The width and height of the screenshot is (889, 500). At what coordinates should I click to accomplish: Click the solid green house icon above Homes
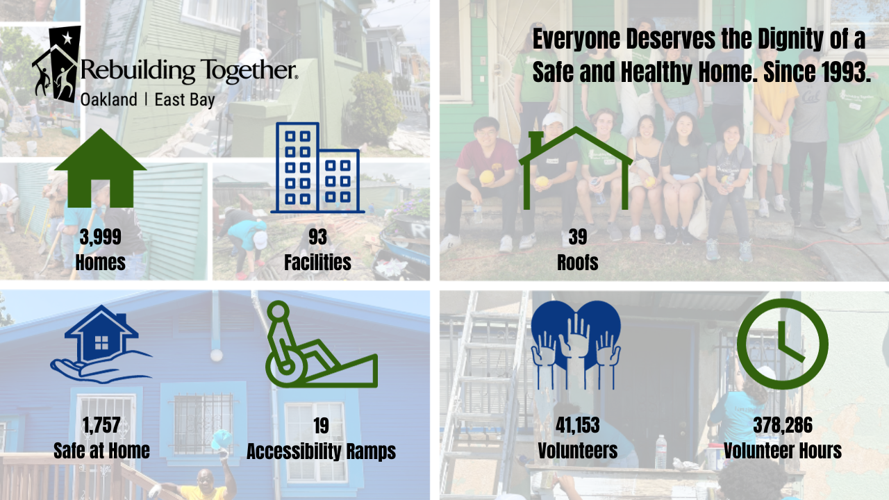coord(101,169)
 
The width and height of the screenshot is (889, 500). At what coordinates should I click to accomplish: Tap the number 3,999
coord(101,237)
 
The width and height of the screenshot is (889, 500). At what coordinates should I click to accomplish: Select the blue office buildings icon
coord(317,167)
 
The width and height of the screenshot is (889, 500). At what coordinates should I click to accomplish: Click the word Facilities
coord(317,262)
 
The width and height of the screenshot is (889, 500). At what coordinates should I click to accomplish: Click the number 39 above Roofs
coord(577,237)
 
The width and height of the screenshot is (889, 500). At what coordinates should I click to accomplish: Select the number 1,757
coord(101,426)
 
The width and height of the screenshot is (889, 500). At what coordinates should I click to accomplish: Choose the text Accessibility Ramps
coord(321,451)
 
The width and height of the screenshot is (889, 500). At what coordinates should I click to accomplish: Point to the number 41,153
coord(577,426)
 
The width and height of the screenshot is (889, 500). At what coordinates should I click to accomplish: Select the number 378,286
coord(783,426)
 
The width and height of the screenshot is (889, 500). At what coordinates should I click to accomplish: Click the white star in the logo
coord(67,38)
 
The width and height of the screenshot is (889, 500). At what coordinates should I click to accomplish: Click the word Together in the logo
coord(249,71)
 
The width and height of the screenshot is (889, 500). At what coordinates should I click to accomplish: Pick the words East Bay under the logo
coord(185,100)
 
